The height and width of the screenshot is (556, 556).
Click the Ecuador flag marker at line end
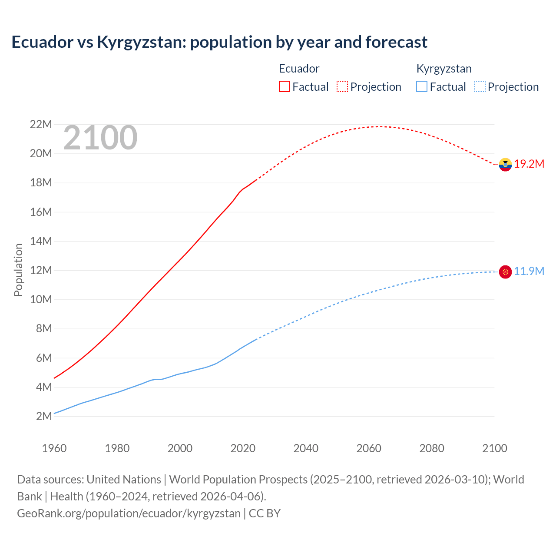click(x=505, y=165)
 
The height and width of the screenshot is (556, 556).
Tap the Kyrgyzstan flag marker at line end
click(x=505, y=272)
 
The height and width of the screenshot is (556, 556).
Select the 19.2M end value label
click(x=529, y=164)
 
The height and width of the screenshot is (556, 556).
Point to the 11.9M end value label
click(x=529, y=271)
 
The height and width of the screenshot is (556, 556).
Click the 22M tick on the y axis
click(x=41, y=125)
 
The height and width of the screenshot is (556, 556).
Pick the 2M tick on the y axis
click(x=44, y=416)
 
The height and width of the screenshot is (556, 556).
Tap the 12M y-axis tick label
click(x=41, y=271)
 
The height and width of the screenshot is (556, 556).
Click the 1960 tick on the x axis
click(x=54, y=448)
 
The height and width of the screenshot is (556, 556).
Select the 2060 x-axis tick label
click(x=369, y=448)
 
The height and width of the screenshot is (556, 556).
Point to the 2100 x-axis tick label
click(x=494, y=448)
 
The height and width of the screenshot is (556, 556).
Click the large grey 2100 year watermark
click(x=100, y=138)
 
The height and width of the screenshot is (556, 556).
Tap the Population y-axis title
click(x=18, y=270)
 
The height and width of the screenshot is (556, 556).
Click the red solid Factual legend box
click(x=284, y=86)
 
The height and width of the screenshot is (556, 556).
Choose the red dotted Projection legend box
click(x=342, y=86)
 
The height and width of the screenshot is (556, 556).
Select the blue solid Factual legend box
click(x=422, y=86)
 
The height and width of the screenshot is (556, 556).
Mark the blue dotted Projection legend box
click(x=480, y=86)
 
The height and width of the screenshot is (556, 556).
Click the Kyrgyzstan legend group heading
click(x=443, y=69)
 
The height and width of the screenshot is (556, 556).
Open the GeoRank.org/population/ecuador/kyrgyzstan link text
click(x=129, y=513)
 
